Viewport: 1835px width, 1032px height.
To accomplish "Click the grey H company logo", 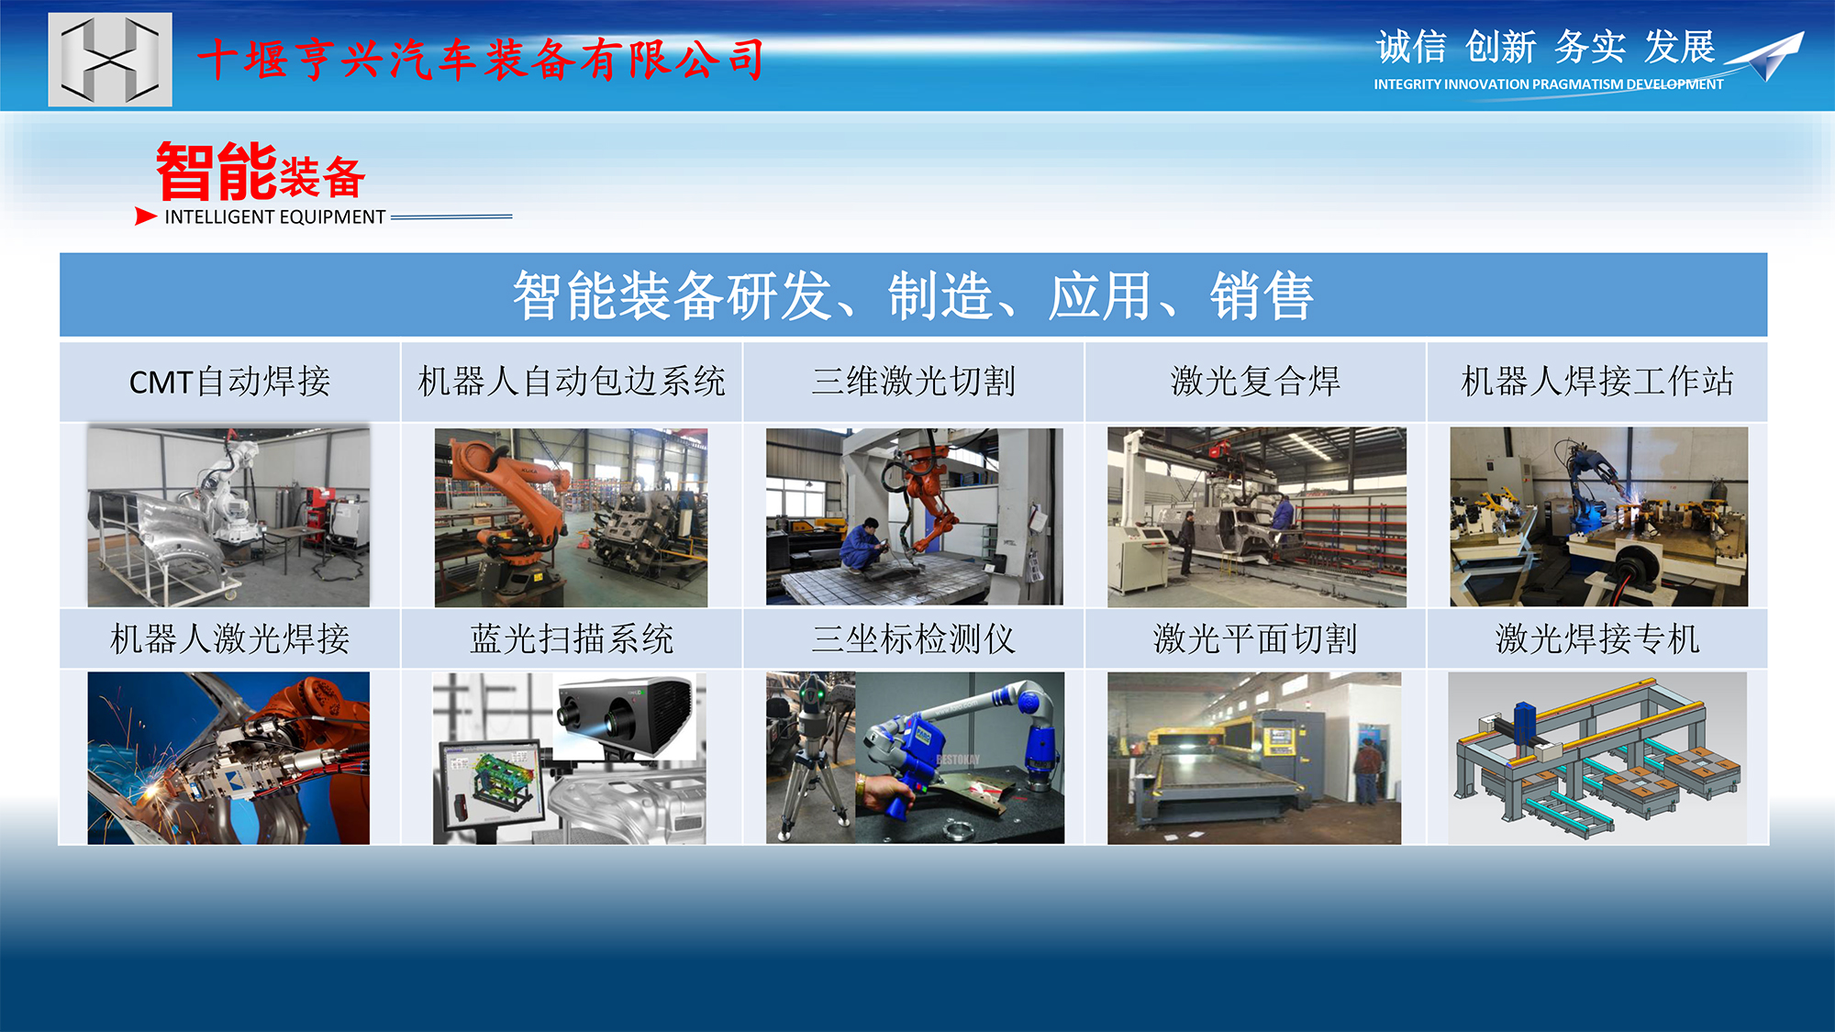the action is tap(110, 60).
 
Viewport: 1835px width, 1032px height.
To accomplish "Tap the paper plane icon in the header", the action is tap(1766, 57).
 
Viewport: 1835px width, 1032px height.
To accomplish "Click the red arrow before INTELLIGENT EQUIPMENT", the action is tap(146, 216).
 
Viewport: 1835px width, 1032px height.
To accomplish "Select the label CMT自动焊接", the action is tap(229, 382).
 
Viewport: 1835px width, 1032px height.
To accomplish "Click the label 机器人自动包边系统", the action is tap(572, 382).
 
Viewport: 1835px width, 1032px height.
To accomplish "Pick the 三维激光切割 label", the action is tap(914, 382).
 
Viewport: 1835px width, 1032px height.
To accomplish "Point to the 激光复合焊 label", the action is tap(1255, 382).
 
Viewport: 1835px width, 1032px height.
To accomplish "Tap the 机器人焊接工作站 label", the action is tap(1597, 382).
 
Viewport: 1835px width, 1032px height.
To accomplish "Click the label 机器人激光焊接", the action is tap(229, 639).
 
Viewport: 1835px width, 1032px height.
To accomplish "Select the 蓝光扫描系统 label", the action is tap(572, 639).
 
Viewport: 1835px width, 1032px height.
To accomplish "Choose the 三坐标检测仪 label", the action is tap(914, 639).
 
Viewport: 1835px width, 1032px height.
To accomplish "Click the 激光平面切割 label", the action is tap(1255, 639).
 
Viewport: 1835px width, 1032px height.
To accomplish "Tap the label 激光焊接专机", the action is tap(1597, 639).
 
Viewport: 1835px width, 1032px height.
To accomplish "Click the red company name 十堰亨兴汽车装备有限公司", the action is tap(481, 60).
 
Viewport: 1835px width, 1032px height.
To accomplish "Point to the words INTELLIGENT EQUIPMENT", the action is tap(275, 217).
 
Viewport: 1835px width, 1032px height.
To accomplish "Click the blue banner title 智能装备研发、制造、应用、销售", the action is tap(914, 295).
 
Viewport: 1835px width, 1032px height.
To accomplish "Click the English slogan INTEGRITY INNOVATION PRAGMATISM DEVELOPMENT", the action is tap(1549, 84).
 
